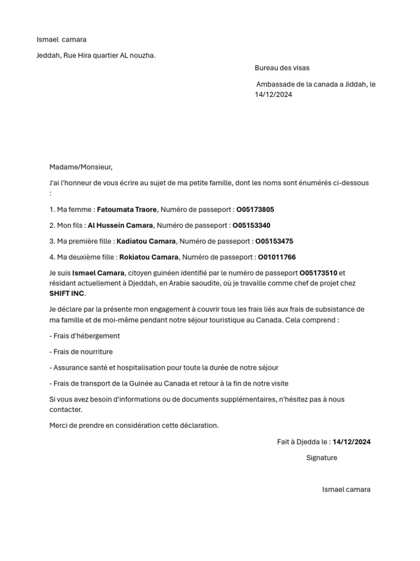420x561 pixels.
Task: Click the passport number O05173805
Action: tap(255, 209)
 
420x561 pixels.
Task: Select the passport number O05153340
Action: tap(252, 225)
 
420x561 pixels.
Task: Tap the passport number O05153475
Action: tap(274, 241)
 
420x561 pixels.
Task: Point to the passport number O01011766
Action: tap(277, 257)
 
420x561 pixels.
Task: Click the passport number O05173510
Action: tap(318, 273)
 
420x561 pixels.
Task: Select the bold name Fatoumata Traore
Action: tap(127, 209)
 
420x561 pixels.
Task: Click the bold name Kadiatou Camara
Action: tap(146, 241)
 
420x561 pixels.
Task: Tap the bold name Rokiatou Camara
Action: tap(149, 257)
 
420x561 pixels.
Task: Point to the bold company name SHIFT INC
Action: tap(67, 294)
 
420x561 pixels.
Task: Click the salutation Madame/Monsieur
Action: tap(80, 167)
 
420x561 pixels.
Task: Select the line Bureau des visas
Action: tap(282, 68)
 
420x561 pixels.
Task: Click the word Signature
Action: tap(322, 457)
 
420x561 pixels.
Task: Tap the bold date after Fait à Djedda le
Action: tap(351, 442)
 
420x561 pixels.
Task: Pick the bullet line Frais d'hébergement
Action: tap(85, 336)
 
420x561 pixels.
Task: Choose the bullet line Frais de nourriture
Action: tap(81, 352)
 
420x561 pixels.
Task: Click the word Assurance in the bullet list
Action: tap(71, 368)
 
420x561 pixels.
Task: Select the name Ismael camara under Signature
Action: tap(346, 489)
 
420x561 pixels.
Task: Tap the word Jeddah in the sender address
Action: tap(48, 55)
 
